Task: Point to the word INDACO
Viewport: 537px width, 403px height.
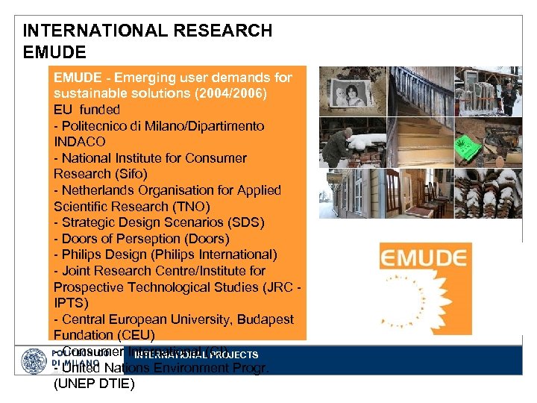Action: (x=80, y=141)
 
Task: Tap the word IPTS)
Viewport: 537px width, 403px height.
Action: (x=72, y=303)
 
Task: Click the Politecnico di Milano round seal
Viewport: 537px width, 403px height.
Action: (x=34, y=360)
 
